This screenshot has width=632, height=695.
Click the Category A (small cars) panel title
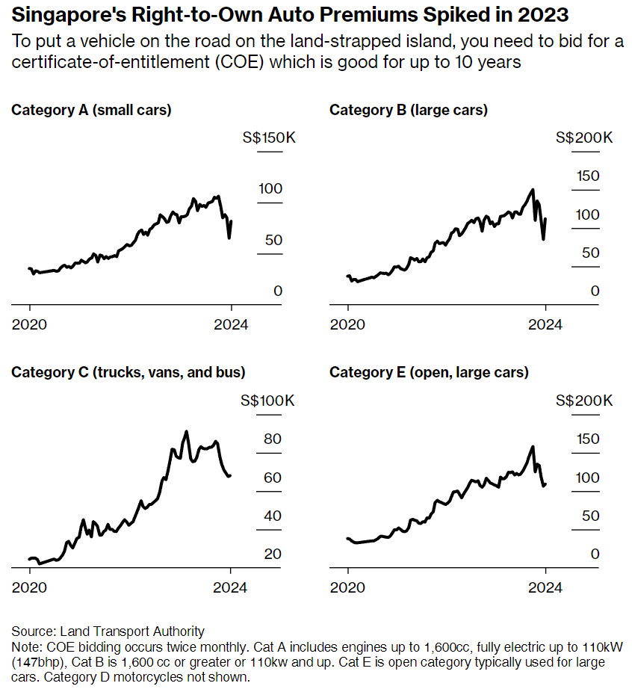91,110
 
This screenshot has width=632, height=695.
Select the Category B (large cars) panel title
408,110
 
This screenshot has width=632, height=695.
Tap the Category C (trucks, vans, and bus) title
128,372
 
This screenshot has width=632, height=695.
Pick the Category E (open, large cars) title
429,372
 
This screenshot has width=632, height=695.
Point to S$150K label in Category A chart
270,138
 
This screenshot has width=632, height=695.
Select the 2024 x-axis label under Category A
231,325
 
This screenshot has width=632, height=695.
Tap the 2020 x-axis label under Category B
348,325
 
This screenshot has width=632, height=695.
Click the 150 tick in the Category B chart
586,176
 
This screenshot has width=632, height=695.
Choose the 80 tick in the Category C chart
272,439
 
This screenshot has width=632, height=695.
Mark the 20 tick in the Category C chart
272,554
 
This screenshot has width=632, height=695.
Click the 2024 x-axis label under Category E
546,588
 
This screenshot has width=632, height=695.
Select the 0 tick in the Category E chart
595,554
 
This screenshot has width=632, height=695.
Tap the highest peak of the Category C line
186,431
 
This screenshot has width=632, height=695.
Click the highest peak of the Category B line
533,189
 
